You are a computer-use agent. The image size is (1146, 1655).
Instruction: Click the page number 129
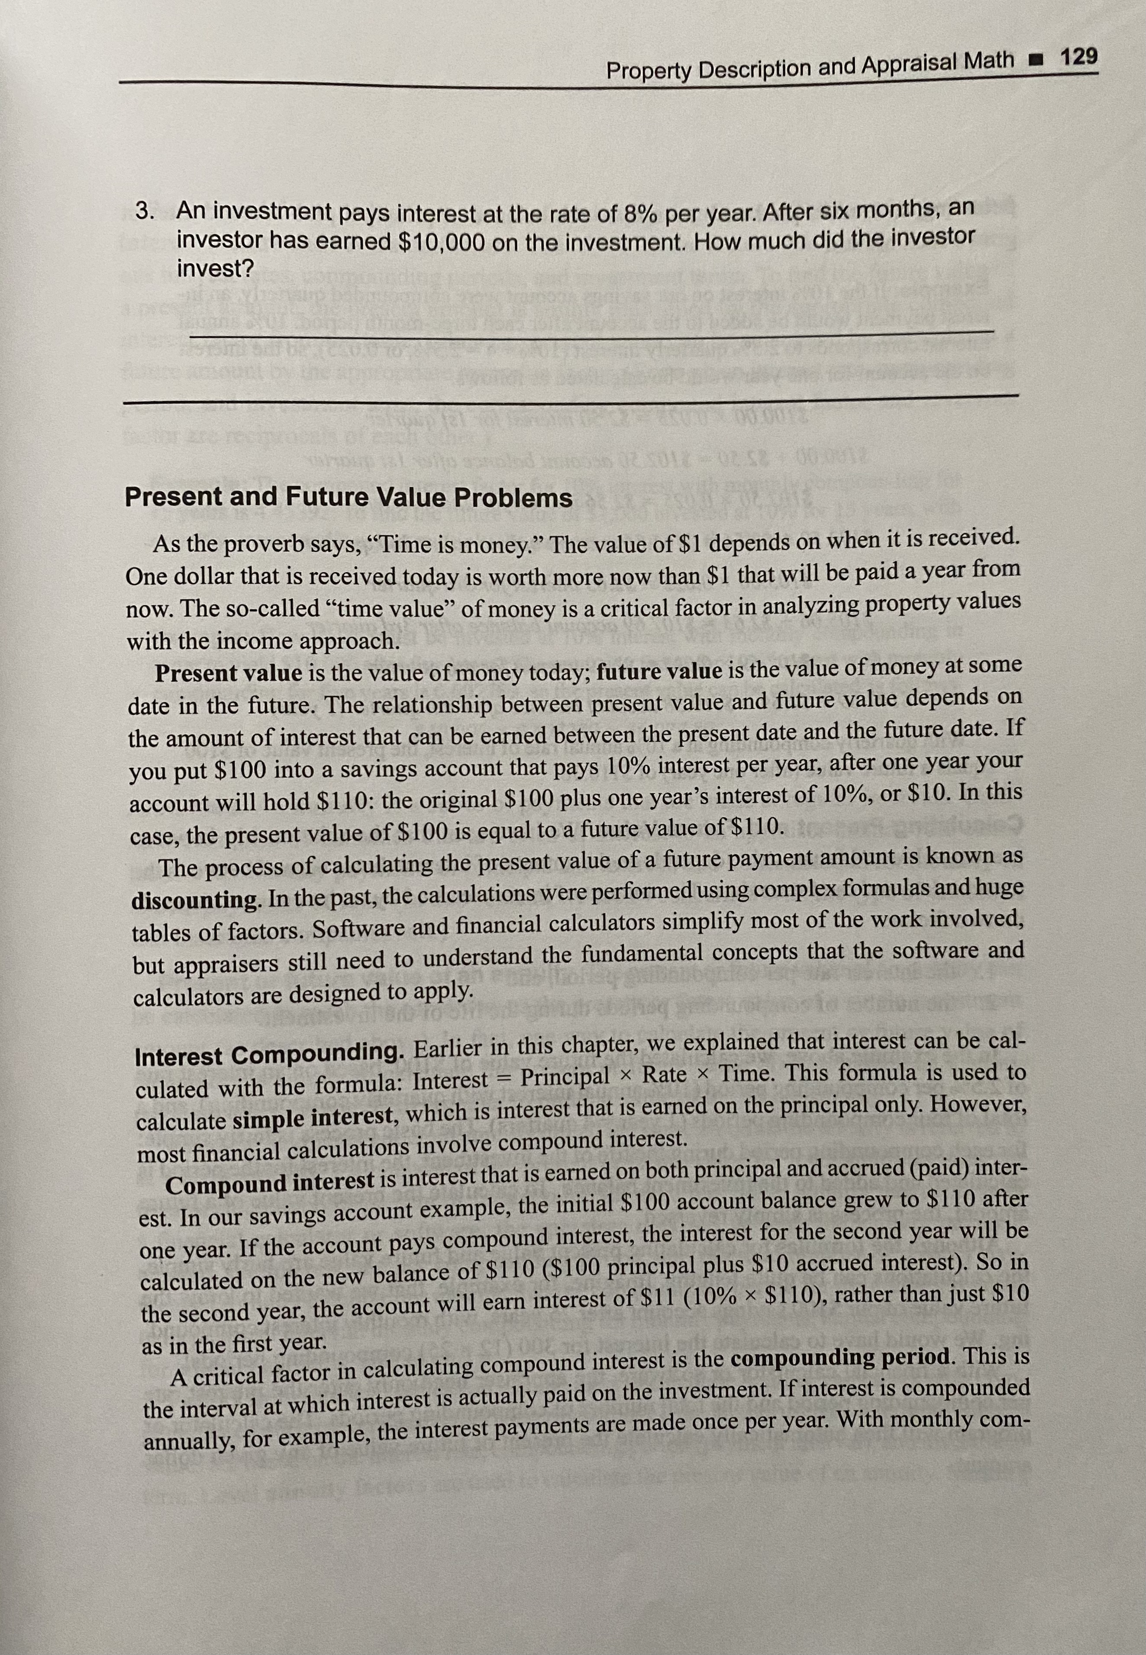[1078, 58]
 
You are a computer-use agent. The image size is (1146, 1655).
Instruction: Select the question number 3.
[144, 212]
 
